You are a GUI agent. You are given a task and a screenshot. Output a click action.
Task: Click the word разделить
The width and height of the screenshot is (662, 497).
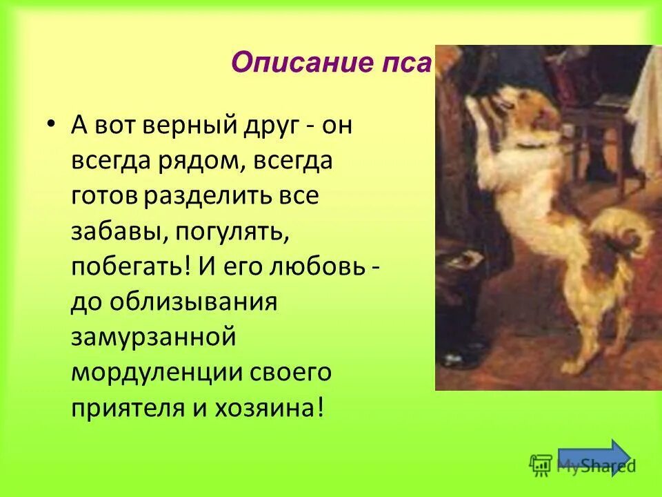click(213, 197)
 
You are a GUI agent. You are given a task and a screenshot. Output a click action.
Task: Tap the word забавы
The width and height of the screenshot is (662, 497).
click(114, 232)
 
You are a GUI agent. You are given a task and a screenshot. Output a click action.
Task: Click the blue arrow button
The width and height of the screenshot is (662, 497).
click(604, 457)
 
